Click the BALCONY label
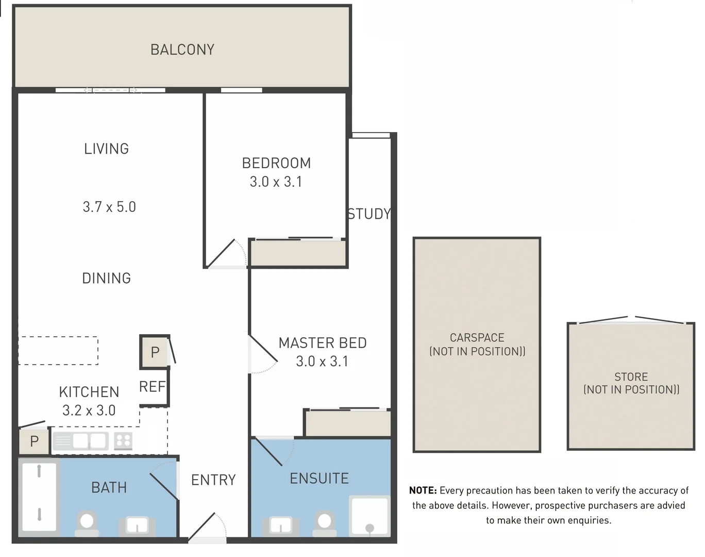coord(182,50)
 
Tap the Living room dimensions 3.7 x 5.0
coord(109,207)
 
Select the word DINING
coord(107,278)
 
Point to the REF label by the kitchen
coord(153,387)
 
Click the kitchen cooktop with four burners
coord(123,440)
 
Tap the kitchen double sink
coord(80,441)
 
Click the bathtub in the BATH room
coord(39,497)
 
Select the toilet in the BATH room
coord(87,523)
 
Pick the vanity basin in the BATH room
coord(137,527)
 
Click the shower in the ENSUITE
coord(370,516)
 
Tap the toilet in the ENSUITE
coord(324,523)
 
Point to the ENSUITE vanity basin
coord(281,526)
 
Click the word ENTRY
coord(213,480)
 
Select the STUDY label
coord(369,214)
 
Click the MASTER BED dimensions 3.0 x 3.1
coord(322,362)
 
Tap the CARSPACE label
coord(477,337)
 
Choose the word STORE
coord(631,376)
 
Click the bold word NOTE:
coord(423,490)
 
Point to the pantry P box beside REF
coord(155,352)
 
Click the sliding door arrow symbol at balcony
coord(110,90)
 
